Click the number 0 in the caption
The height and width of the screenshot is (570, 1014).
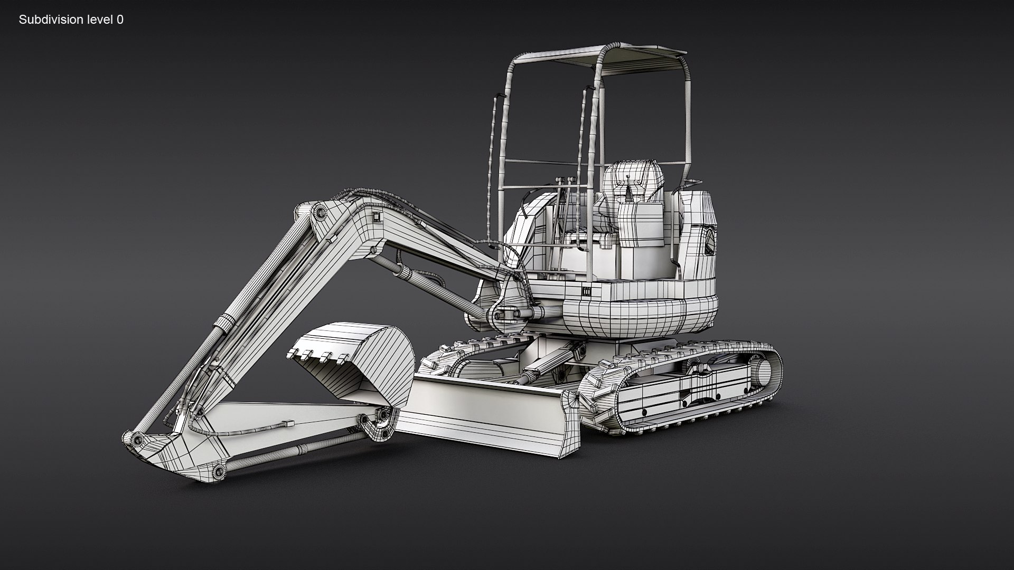coord(120,20)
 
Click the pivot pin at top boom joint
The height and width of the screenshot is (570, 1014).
coord(319,213)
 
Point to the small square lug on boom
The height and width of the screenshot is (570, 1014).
coord(376,217)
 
